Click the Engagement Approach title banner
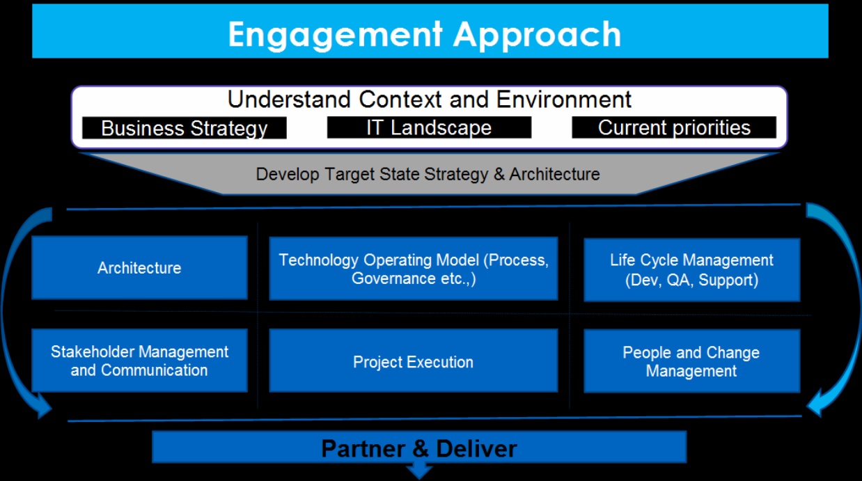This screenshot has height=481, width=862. (x=430, y=31)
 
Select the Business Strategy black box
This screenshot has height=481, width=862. (x=185, y=128)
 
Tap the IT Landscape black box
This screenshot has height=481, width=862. (x=429, y=127)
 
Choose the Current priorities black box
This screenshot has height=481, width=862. (x=674, y=127)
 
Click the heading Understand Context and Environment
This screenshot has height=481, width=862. (x=429, y=100)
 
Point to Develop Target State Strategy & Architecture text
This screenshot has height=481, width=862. (x=428, y=174)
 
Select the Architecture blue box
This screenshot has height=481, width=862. (x=139, y=267)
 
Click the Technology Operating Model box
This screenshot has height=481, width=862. (x=414, y=268)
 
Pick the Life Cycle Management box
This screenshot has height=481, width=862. (x=691, y=270)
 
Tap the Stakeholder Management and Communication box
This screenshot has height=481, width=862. (x=139, y=361)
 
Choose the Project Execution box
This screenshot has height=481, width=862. (x=414, y=361)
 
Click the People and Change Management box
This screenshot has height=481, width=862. (x=691, y=361)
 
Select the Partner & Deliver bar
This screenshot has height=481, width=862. (x=419, y=447)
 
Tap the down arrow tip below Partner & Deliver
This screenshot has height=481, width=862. (x=419, y=478)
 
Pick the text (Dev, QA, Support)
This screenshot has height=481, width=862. (x=691, y=280)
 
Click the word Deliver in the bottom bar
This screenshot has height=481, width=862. (x=476, y=449)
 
